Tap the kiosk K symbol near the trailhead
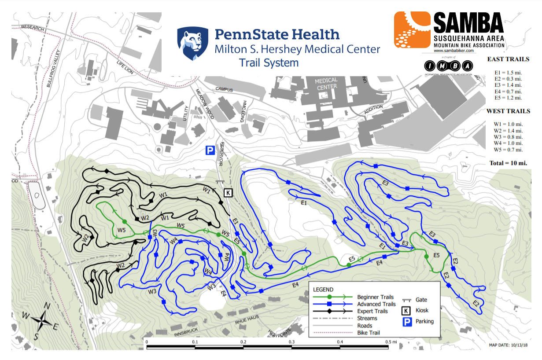[x=228, y=192]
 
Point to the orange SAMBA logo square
[x=411, y=29]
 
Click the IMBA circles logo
[x=450, y=66]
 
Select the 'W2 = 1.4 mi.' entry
[x=508, y=131]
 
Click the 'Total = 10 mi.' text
[x=508, y=163]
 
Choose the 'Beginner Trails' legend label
[x=375, y=297]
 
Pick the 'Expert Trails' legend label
[x=372, y=311]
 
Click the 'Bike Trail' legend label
[x=369, y=333]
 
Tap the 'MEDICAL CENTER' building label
[x=326, y=83]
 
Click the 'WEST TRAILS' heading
[x=508, y=111]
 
